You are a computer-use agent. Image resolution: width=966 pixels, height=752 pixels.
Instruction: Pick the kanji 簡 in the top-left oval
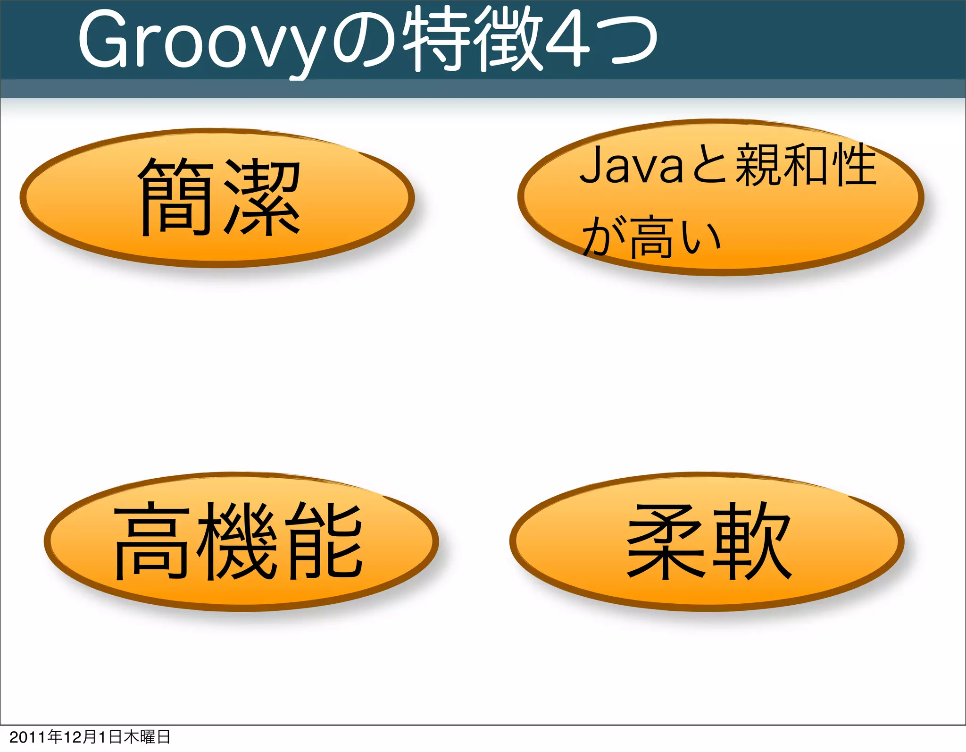[x=175, y=197]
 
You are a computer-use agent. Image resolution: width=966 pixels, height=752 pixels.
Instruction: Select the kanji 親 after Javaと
[x=758, y=165]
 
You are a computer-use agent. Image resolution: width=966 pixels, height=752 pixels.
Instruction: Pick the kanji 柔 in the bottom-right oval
[x=665, y=541]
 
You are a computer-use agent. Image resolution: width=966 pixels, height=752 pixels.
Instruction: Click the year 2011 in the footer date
[x=28, y=737]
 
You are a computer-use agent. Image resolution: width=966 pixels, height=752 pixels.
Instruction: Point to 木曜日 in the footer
[x=147, y=737]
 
